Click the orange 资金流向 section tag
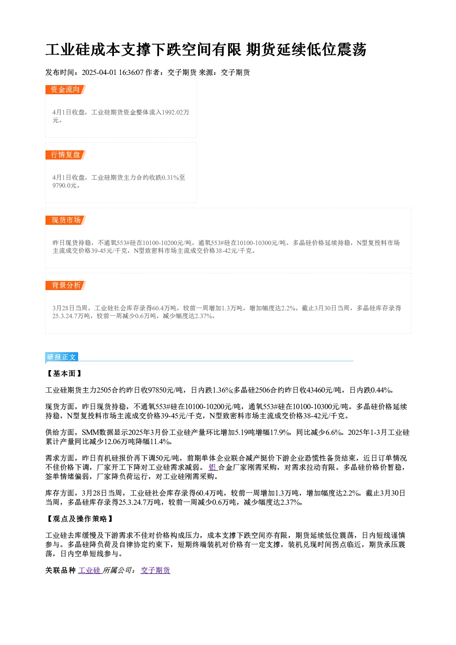point(66,90)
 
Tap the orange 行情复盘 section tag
point(66,155)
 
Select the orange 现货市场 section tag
point(66,220)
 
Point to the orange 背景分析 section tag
point(66,285)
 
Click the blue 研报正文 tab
point(62,357)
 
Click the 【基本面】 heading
point(64,374)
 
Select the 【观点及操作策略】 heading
point(80,519)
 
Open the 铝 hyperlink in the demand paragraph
point(213,468)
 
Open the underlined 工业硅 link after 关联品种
point(90,571)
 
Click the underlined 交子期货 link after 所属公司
point(155,571)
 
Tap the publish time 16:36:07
point(131,73)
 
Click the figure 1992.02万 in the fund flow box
point(176,112)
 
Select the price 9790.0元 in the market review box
point(64,185)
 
